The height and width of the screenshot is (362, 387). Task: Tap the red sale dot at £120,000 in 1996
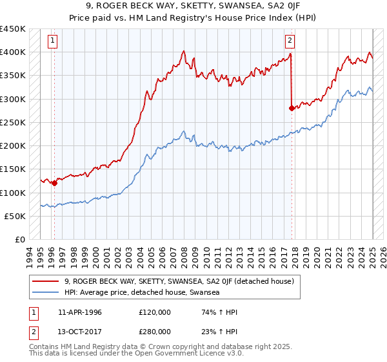[x=54, y=183]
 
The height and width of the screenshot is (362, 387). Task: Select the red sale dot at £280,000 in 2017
[x=292, y=108]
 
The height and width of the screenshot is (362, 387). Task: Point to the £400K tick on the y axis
[x=13, y=52]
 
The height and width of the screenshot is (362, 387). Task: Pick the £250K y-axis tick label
[x=13, y=123]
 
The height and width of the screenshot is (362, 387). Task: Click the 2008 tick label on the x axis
[x=184, y=254]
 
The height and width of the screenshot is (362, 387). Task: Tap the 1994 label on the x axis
[x=30, y=254]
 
